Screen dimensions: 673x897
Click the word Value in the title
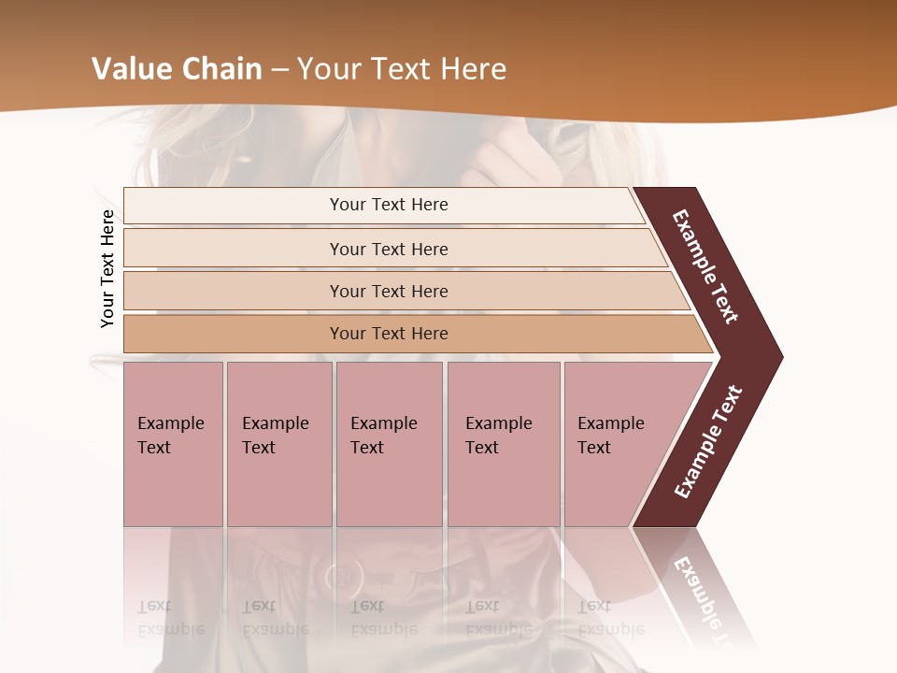tap(131, 69)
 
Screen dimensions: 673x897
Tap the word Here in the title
tap(472, 69)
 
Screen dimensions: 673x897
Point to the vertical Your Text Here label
tap(107, 268)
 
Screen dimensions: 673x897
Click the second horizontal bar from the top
tap(388, 249)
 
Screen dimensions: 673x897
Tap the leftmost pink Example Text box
tap(173, 444)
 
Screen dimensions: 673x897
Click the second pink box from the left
tap(278, 444)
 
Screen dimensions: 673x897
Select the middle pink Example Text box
tap(389, 444)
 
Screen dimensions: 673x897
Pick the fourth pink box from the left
tap(504, 444)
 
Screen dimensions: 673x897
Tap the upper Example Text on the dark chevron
tap(705, 266)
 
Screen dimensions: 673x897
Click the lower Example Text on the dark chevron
tap(708, 441)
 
